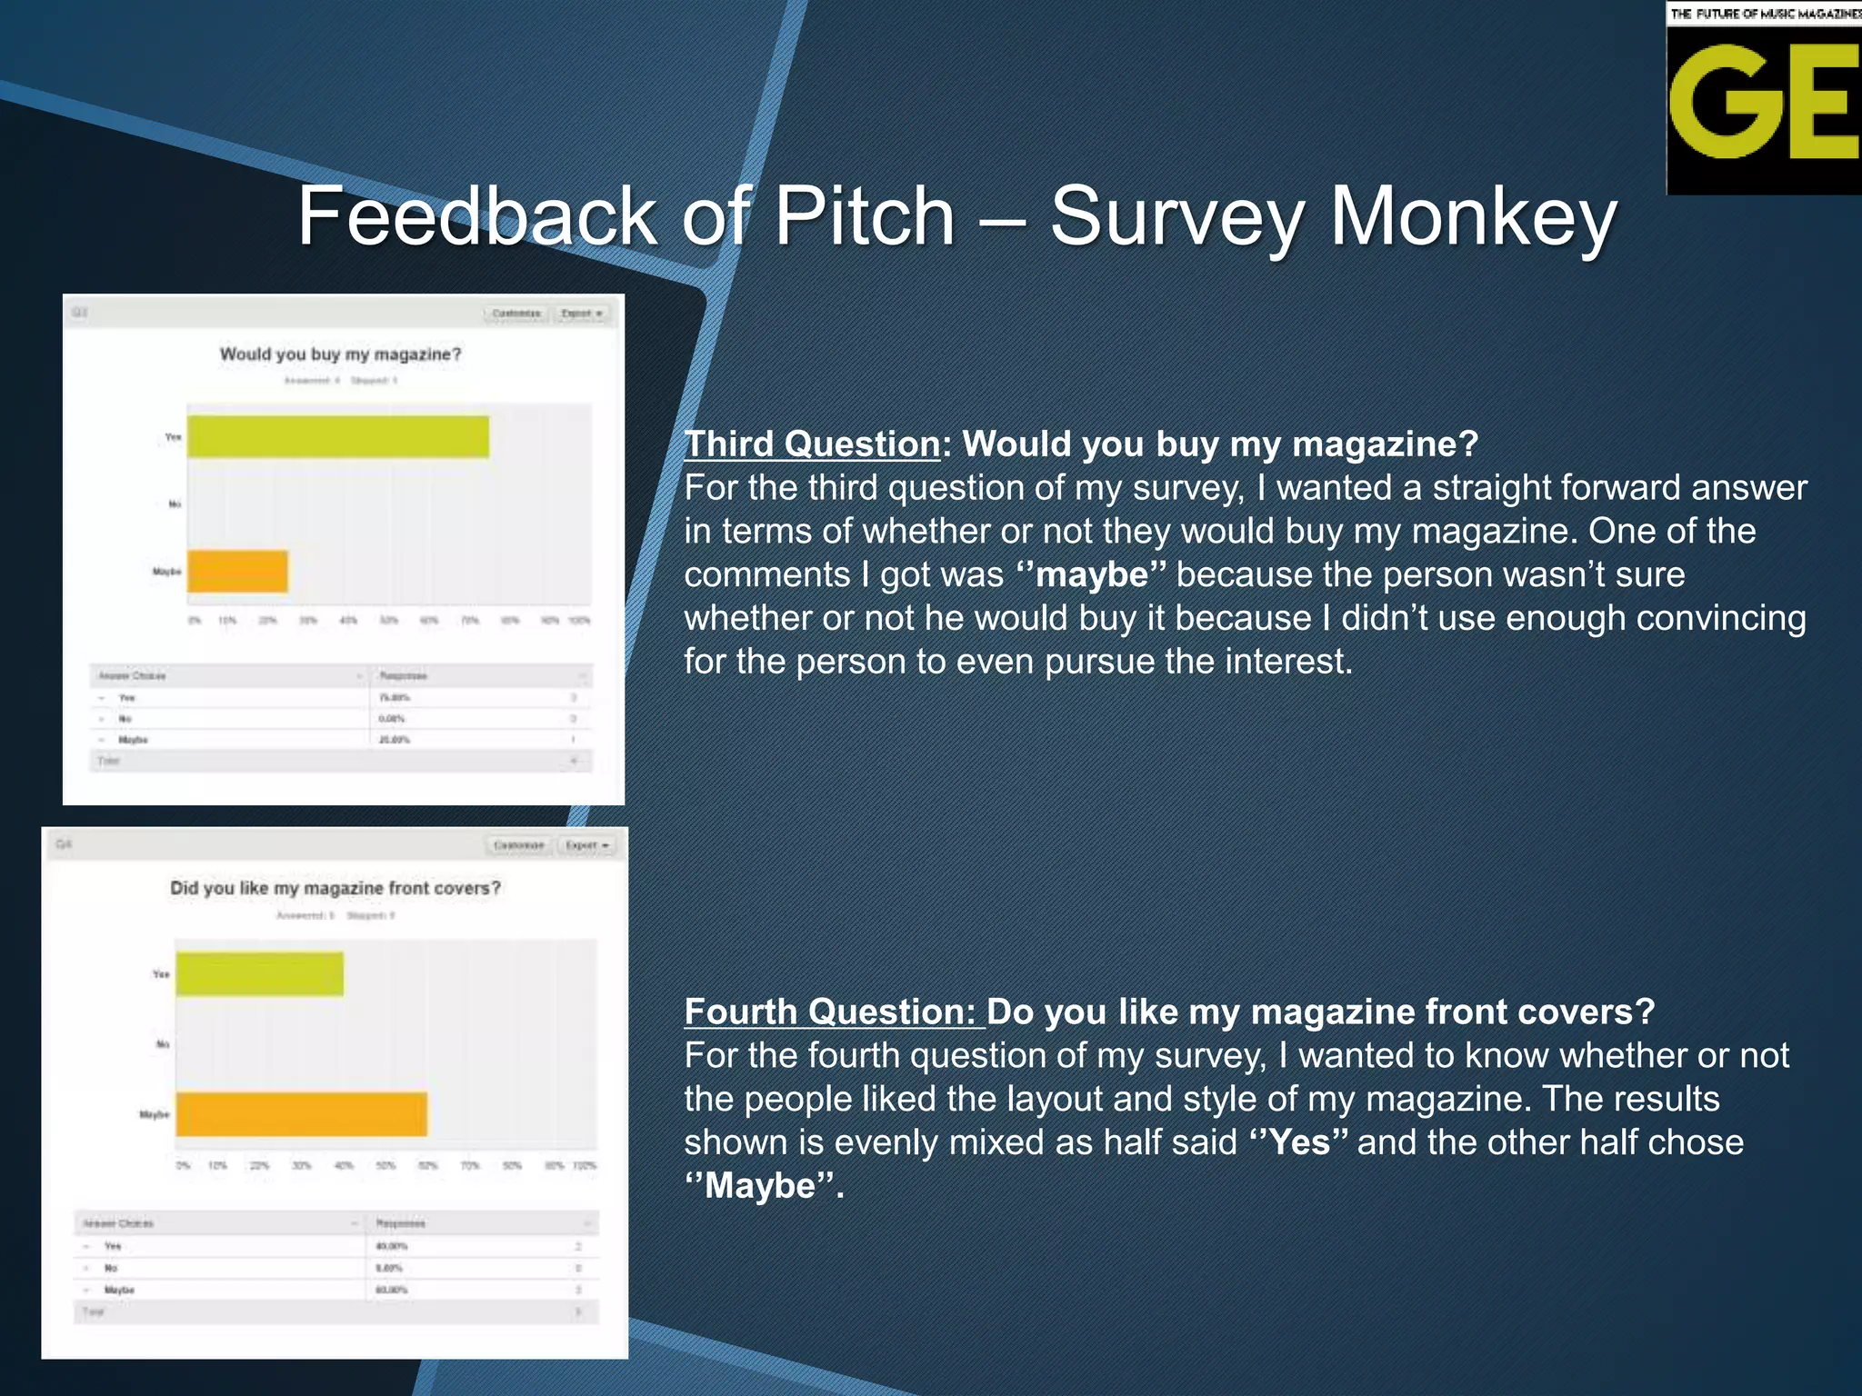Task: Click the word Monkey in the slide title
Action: coord(1473,218)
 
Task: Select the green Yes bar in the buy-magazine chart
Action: coord(338,437)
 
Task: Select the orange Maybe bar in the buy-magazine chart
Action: coord(238,572)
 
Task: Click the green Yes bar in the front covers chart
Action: coord(260,974)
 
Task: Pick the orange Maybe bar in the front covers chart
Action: coord(302,1114)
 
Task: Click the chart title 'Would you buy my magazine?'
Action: coord(341,354)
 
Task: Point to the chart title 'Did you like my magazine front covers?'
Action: coord(335,888)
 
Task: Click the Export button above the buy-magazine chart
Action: coord(582,314)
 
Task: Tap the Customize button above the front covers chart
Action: coord(519,845)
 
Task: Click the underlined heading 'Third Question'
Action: coord(812,444)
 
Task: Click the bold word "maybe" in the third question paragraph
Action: coord(1091,575)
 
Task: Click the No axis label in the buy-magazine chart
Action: coord(175,504)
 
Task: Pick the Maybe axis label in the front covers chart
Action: coord(154,1114)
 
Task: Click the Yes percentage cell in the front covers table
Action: coord(392,1246)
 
